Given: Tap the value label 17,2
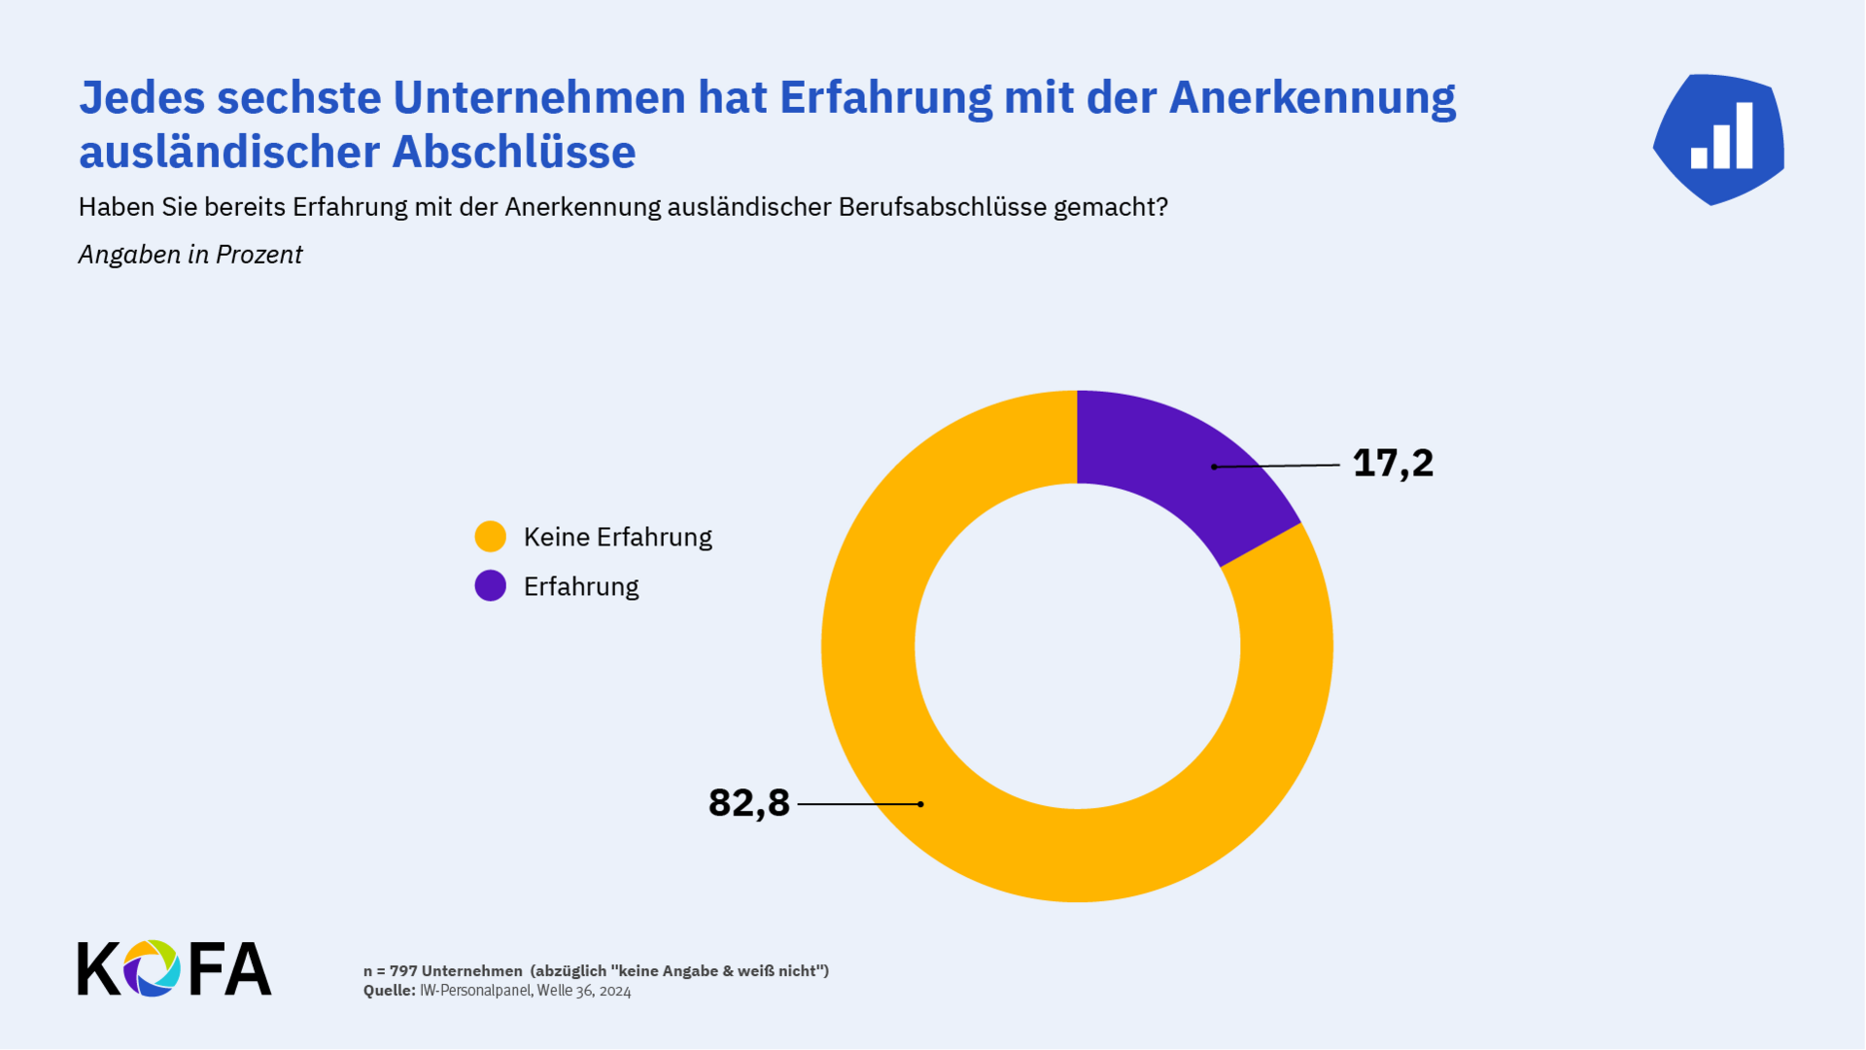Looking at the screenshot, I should pyautogui.click(x=1392, y=463).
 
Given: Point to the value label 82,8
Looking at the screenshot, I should pyautogui.click(x=748, y=803).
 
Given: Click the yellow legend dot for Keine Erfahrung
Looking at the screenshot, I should pyautogui.click(x=490, y=537).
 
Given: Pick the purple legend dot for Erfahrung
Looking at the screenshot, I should pyautogui.click(x=490, y=586).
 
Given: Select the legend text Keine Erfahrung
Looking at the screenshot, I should pyautogui.click(x=617, y=537).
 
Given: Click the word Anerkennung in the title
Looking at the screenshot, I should pyautogui.click(x=1312, y=97).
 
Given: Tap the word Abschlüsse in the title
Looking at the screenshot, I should pyautogui.click(x=514, y=152).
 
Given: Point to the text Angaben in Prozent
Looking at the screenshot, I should pyautogui.click(x=190, y=255).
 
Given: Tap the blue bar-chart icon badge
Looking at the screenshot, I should pyautogui.click(x=1719, y=139).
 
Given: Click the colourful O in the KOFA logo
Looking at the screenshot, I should pyautogui.click(x=152, y=968).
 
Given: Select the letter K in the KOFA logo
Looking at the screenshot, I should pyautogui.click(x=99, y=968).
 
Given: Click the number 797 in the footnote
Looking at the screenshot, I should pyautogui.click(x=403, y=971).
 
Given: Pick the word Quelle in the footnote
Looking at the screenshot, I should pyautogui.click(x=388, y=991).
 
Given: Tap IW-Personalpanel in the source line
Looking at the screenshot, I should pyautogui.click(x=475, y=991).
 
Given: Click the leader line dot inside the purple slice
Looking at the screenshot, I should pyautogui.click(x=1214, y=467).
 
